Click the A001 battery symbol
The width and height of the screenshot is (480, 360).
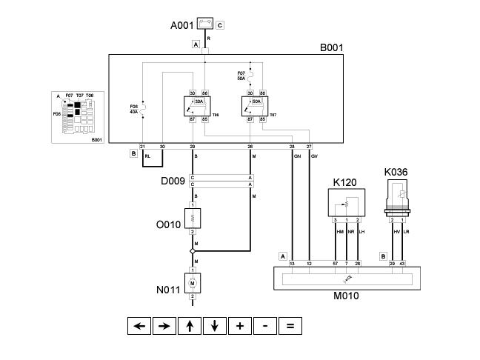205,24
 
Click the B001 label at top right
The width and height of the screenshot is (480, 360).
332,48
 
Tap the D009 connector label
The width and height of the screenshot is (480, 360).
173,181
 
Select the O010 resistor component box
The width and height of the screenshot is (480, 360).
193,219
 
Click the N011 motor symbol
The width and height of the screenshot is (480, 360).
193,282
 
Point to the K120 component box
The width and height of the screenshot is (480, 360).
347,202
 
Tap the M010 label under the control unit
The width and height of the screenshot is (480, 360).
346,297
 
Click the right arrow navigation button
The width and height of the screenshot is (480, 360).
164,325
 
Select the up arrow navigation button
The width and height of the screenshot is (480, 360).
190,325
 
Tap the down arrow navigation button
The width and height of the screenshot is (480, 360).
215,325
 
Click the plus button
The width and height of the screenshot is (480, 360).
240,325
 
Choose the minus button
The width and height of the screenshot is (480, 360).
265,325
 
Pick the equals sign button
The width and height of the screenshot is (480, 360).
290,325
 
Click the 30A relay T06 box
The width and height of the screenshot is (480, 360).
197,106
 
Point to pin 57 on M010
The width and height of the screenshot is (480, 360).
335,263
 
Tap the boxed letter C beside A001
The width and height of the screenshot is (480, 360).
220,25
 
